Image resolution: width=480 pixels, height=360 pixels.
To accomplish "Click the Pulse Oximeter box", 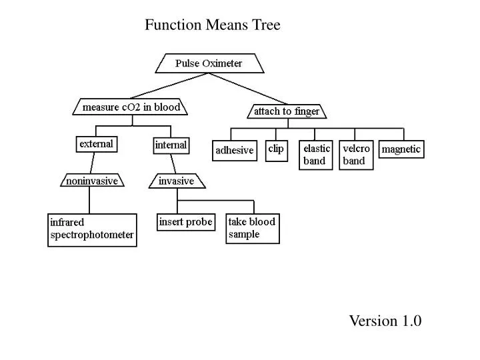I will click(209, 64).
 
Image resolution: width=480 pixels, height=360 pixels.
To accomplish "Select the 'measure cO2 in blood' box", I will click(131, 107).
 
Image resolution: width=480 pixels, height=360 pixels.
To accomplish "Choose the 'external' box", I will click(97, 144).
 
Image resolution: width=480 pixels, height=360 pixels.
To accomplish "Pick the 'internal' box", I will click(171, 145).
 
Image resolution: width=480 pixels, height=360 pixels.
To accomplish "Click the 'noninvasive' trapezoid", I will click(92, 181).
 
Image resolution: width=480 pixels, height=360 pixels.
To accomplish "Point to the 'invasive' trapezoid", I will click(177, 181).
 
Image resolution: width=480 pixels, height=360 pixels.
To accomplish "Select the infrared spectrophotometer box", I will click(92, 229).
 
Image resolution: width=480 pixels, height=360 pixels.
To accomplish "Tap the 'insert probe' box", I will click(186, 222).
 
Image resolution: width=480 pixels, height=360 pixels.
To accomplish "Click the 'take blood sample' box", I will click(252, 228).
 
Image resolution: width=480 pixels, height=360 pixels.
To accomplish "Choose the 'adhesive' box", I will click(234, 151).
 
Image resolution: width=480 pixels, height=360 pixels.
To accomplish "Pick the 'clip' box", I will click(276, 149).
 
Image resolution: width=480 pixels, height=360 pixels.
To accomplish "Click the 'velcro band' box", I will click(356, 155).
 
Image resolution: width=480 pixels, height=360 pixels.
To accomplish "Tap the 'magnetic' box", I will click(401, 149).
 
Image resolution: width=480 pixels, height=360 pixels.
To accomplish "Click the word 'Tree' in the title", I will click(266, 25).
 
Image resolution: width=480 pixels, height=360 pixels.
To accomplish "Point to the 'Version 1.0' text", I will click(385, 321).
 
